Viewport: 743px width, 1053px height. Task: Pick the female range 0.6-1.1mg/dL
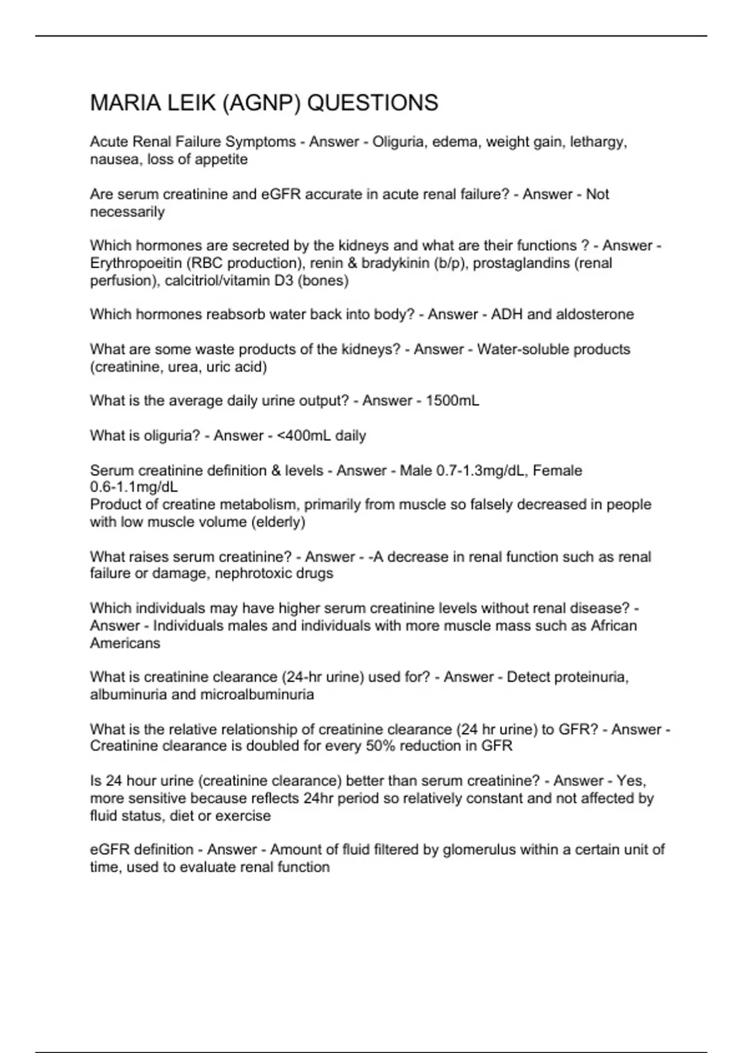click(x=134, y=487)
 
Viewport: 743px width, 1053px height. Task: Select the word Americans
click(x=125, y=643)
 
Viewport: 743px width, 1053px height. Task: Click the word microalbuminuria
click(x=257, y=694)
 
